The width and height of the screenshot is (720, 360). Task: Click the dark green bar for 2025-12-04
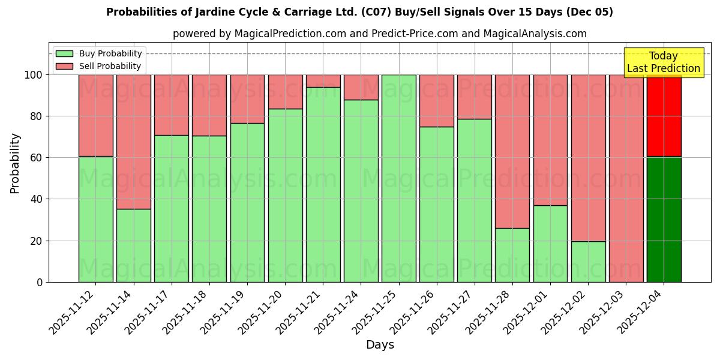click(664, 219)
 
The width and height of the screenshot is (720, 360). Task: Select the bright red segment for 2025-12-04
click(664, 115)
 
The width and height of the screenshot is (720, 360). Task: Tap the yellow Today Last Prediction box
click(663, 62)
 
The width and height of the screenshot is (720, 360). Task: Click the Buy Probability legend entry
click(98, 53)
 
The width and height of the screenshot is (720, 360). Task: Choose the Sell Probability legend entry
click(98, 66)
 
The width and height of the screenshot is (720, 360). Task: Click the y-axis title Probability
click(15, 163)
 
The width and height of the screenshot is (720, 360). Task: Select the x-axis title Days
click(380, 345)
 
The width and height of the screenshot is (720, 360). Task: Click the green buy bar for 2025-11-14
click(134, 245)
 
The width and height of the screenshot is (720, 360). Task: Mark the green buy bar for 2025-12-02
click(588, 262)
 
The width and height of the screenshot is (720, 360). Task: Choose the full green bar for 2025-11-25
click(399, 178)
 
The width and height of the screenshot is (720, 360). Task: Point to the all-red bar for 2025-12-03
click(626, 178)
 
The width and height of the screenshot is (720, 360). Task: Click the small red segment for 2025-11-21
click(323, 81)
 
